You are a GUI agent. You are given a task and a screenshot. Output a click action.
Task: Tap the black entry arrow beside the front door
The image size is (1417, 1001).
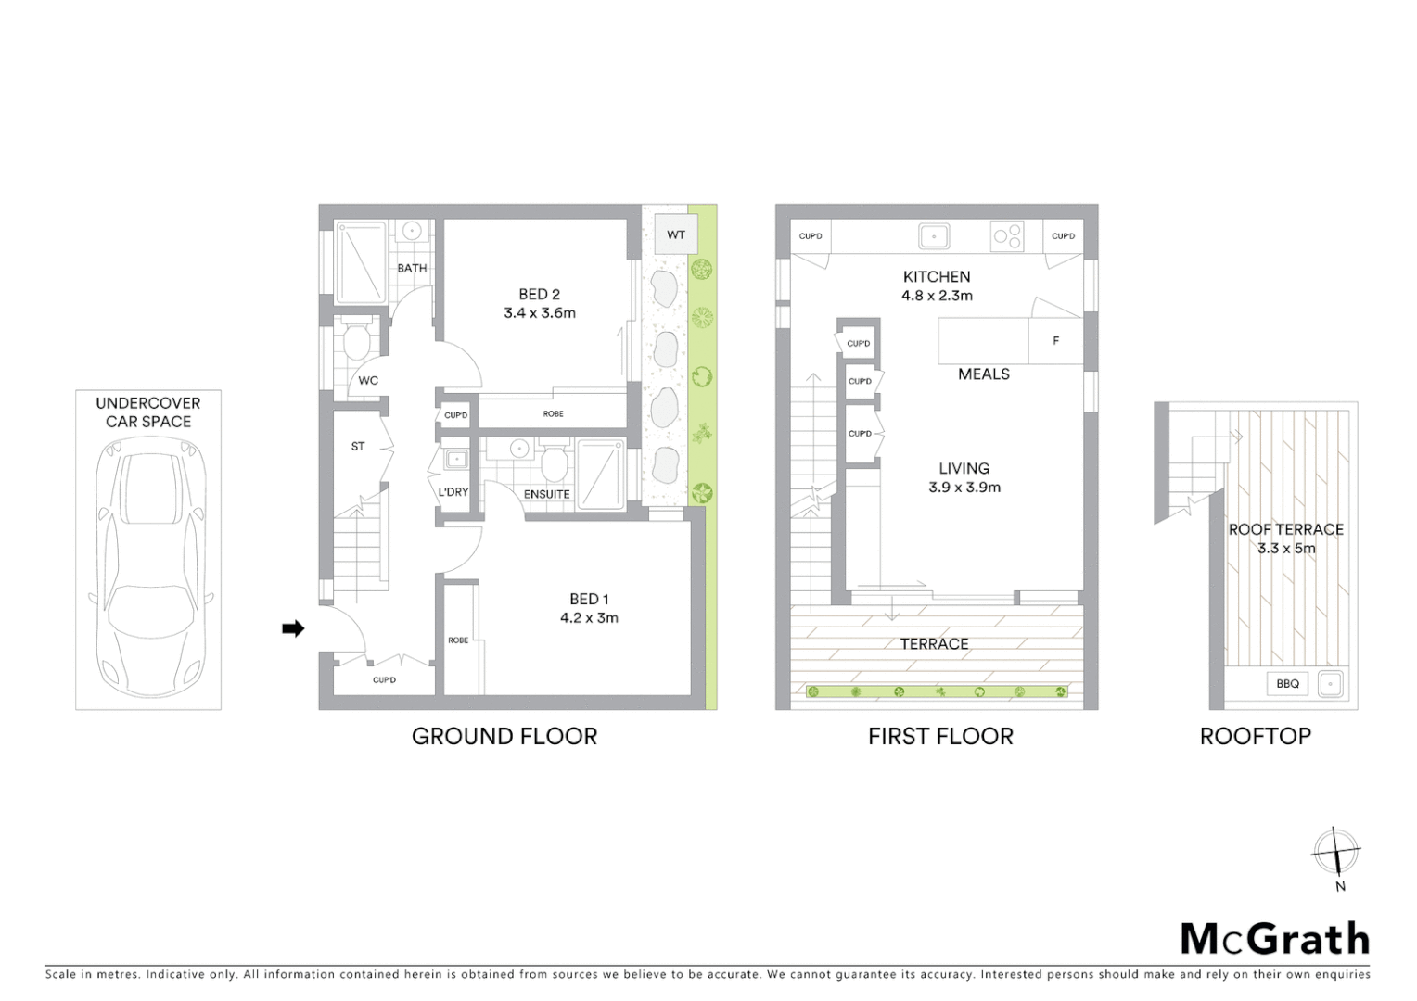click(x=293, y=629)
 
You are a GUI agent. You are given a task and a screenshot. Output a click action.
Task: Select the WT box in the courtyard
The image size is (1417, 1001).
click(x=676, y=234)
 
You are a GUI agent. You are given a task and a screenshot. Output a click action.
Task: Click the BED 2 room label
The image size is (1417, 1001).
click(x=539, y=295)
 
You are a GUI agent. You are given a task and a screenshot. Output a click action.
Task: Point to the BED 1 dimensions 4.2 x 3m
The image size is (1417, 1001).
click(x=589, y=618)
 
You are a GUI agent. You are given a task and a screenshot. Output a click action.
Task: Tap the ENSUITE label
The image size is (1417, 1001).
click(x=546, y=494)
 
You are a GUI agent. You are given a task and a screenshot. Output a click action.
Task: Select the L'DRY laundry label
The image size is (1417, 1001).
click(x=453, y=492)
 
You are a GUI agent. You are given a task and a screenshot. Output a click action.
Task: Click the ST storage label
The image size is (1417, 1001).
click(x=358, y=447)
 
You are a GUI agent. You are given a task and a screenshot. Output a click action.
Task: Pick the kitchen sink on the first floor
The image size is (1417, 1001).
click(x=934, y=236)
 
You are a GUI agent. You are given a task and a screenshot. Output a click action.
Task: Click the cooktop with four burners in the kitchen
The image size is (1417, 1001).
click(x=1008, y=235)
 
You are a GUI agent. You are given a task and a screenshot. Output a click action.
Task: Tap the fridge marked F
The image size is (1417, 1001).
click(x=1055, y=341)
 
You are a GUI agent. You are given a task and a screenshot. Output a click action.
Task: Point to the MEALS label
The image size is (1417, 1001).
click(x=984, y=374)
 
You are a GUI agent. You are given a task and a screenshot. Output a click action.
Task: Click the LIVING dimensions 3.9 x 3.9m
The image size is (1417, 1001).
click(x=964, y=488)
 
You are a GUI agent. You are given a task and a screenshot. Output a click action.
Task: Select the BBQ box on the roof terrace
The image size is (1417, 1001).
click(x=1287, y=684)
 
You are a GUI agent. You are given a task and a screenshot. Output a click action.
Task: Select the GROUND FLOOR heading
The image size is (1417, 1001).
click(x=504, y=737)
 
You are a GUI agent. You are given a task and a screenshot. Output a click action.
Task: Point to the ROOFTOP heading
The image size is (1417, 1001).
click(x=1255, y=737)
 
